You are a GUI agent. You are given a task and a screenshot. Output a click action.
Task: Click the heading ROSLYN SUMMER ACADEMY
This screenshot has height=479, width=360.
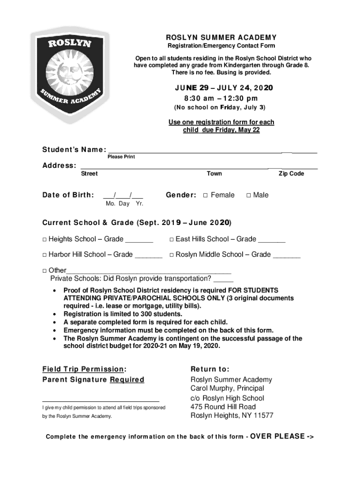tap(222, 37)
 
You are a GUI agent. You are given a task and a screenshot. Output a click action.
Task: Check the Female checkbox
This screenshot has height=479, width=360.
tap(205, 196)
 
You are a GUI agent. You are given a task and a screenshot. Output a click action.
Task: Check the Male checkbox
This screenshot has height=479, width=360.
tap(249, 196)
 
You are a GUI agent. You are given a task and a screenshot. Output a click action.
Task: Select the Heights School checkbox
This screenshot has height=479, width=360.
tap(44, 239)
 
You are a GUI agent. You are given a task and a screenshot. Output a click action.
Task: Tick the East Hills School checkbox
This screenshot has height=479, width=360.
tap(172, 239)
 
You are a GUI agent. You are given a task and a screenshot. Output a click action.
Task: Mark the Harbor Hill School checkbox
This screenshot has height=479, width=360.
tap(44, 255)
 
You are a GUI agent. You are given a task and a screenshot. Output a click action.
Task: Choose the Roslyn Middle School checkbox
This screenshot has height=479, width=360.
tap(172, 255)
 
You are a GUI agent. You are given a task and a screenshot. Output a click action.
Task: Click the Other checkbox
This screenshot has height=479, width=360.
tap(44, 270)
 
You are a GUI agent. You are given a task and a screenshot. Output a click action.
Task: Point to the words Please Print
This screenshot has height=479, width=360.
tap(121, 157)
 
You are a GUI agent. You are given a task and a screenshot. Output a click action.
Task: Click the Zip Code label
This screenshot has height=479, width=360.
tap(291, 174)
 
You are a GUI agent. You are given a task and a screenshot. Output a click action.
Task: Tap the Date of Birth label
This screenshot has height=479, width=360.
tap(68, 195)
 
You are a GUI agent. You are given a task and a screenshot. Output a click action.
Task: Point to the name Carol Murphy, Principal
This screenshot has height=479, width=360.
tap(227, 388)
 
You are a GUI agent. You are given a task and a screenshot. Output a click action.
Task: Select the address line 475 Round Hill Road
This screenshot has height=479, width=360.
tap(223, 407)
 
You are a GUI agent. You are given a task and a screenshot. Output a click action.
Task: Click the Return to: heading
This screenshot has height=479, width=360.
tap(210, 369)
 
